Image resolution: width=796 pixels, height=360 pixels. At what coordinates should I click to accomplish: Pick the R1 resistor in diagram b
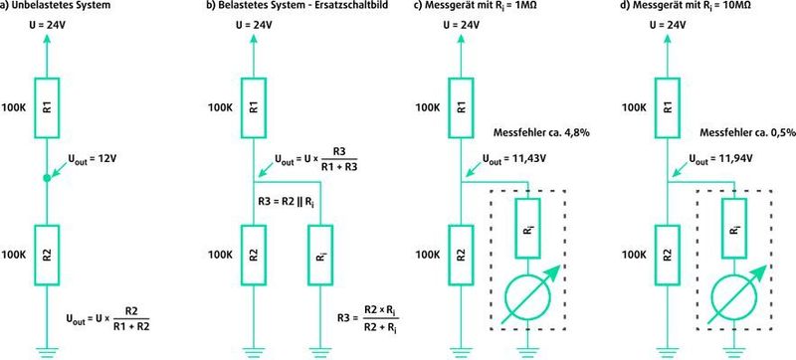click(x=254, y=106)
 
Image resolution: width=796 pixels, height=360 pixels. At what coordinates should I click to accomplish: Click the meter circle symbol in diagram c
click(x=528, y=296)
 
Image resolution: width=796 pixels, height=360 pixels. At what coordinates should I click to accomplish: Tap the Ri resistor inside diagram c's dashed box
click(x=528, y=225)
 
